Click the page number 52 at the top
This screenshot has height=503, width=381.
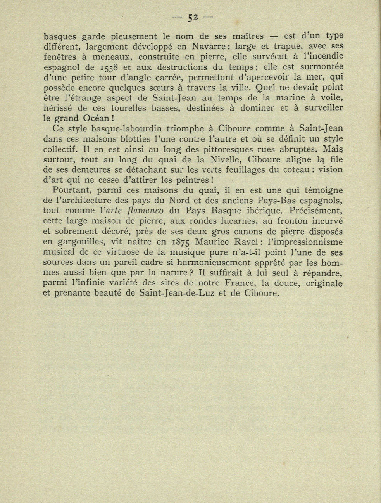(193, 17)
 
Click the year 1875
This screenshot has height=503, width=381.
(180, 242)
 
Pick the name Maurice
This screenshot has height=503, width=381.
(215, 242)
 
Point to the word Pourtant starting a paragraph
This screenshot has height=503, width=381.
(69, 190)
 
